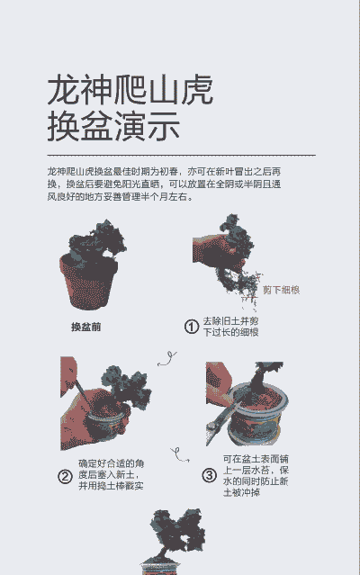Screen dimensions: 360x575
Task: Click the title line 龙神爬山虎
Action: tap(130, 90)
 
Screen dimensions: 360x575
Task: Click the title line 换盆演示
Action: tap(113, 126)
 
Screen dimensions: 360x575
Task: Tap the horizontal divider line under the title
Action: tap(182, 155)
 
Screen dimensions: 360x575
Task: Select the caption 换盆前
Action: tap(85, 328)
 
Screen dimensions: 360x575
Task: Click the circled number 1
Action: tap(192, 327)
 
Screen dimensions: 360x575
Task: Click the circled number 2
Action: tap(65, 477)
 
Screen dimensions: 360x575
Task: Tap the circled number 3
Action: tap(210, 475)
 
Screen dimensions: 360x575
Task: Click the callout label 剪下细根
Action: tap(281, 290)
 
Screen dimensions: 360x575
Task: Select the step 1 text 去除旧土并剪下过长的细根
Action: tap(231, 327)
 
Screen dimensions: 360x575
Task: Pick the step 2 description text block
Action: tap(111, 474)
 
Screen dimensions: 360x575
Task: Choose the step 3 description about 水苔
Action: tap(256, 475)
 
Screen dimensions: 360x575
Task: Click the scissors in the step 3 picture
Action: tap(221, 422)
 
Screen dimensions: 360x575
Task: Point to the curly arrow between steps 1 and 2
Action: tap(167, 359)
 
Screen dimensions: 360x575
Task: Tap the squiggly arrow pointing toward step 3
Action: tap(180, 454)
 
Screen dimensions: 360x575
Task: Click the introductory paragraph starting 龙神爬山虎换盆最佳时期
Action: tap(164, 184)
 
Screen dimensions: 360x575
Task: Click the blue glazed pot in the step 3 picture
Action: tap(256, 417)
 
